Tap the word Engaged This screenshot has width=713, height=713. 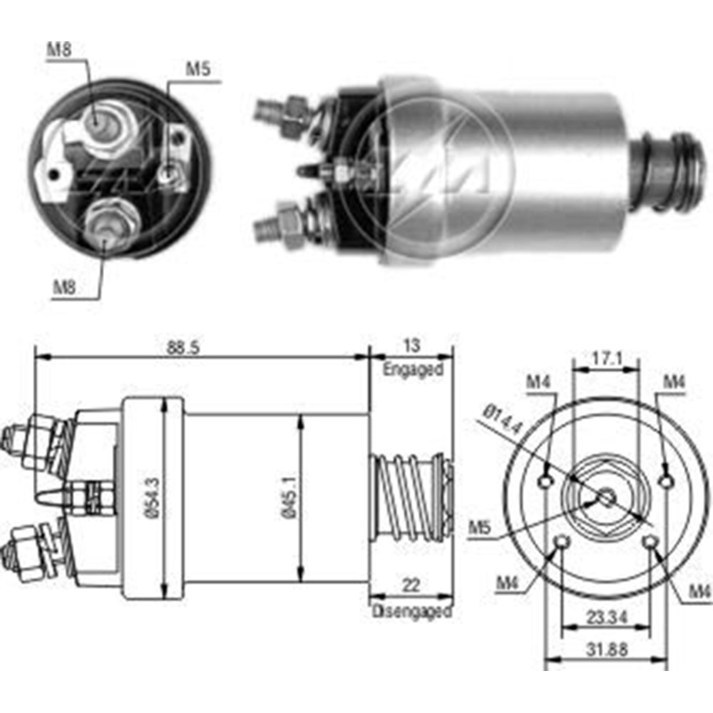click(x=413, y=369)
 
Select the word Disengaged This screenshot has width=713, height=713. click(x=412, y=611)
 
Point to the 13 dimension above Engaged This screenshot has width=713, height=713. click(x=412, y=346)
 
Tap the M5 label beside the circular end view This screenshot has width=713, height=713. click(x=480, y=528)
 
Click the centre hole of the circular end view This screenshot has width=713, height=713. click(x=605, y=498)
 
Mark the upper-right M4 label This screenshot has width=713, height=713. click(x=673, y=381)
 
